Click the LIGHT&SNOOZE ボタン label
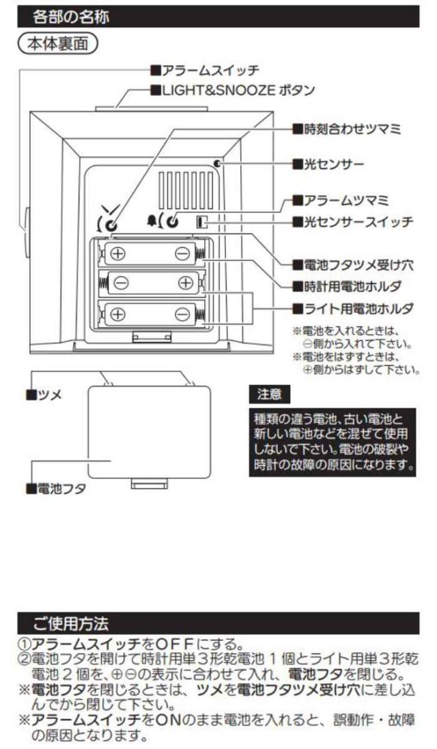pyautogui.click(x=232, y=89)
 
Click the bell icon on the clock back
pyautogui.click(x=151, y=221)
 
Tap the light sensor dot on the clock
pyautogui.click(x=216, y=164)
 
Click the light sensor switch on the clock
pyautogui.click(x=201, y=222)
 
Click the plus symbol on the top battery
pyautogui.click(x=118, y=253)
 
